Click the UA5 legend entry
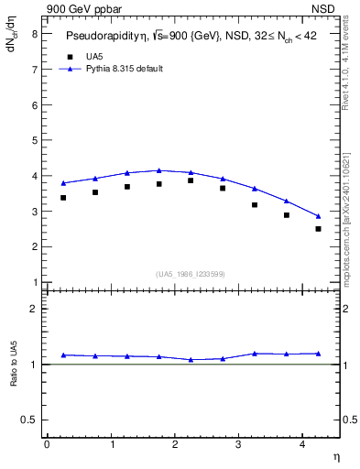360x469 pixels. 94,57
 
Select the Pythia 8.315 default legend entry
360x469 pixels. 124,69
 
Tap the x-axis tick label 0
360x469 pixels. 47,444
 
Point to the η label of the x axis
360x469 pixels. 335,455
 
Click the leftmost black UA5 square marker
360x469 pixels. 63,198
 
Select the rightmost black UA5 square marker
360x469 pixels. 318,229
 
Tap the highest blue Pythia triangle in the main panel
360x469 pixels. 158,170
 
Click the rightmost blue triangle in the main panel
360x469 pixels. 318,216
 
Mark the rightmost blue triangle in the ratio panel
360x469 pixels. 318,354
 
